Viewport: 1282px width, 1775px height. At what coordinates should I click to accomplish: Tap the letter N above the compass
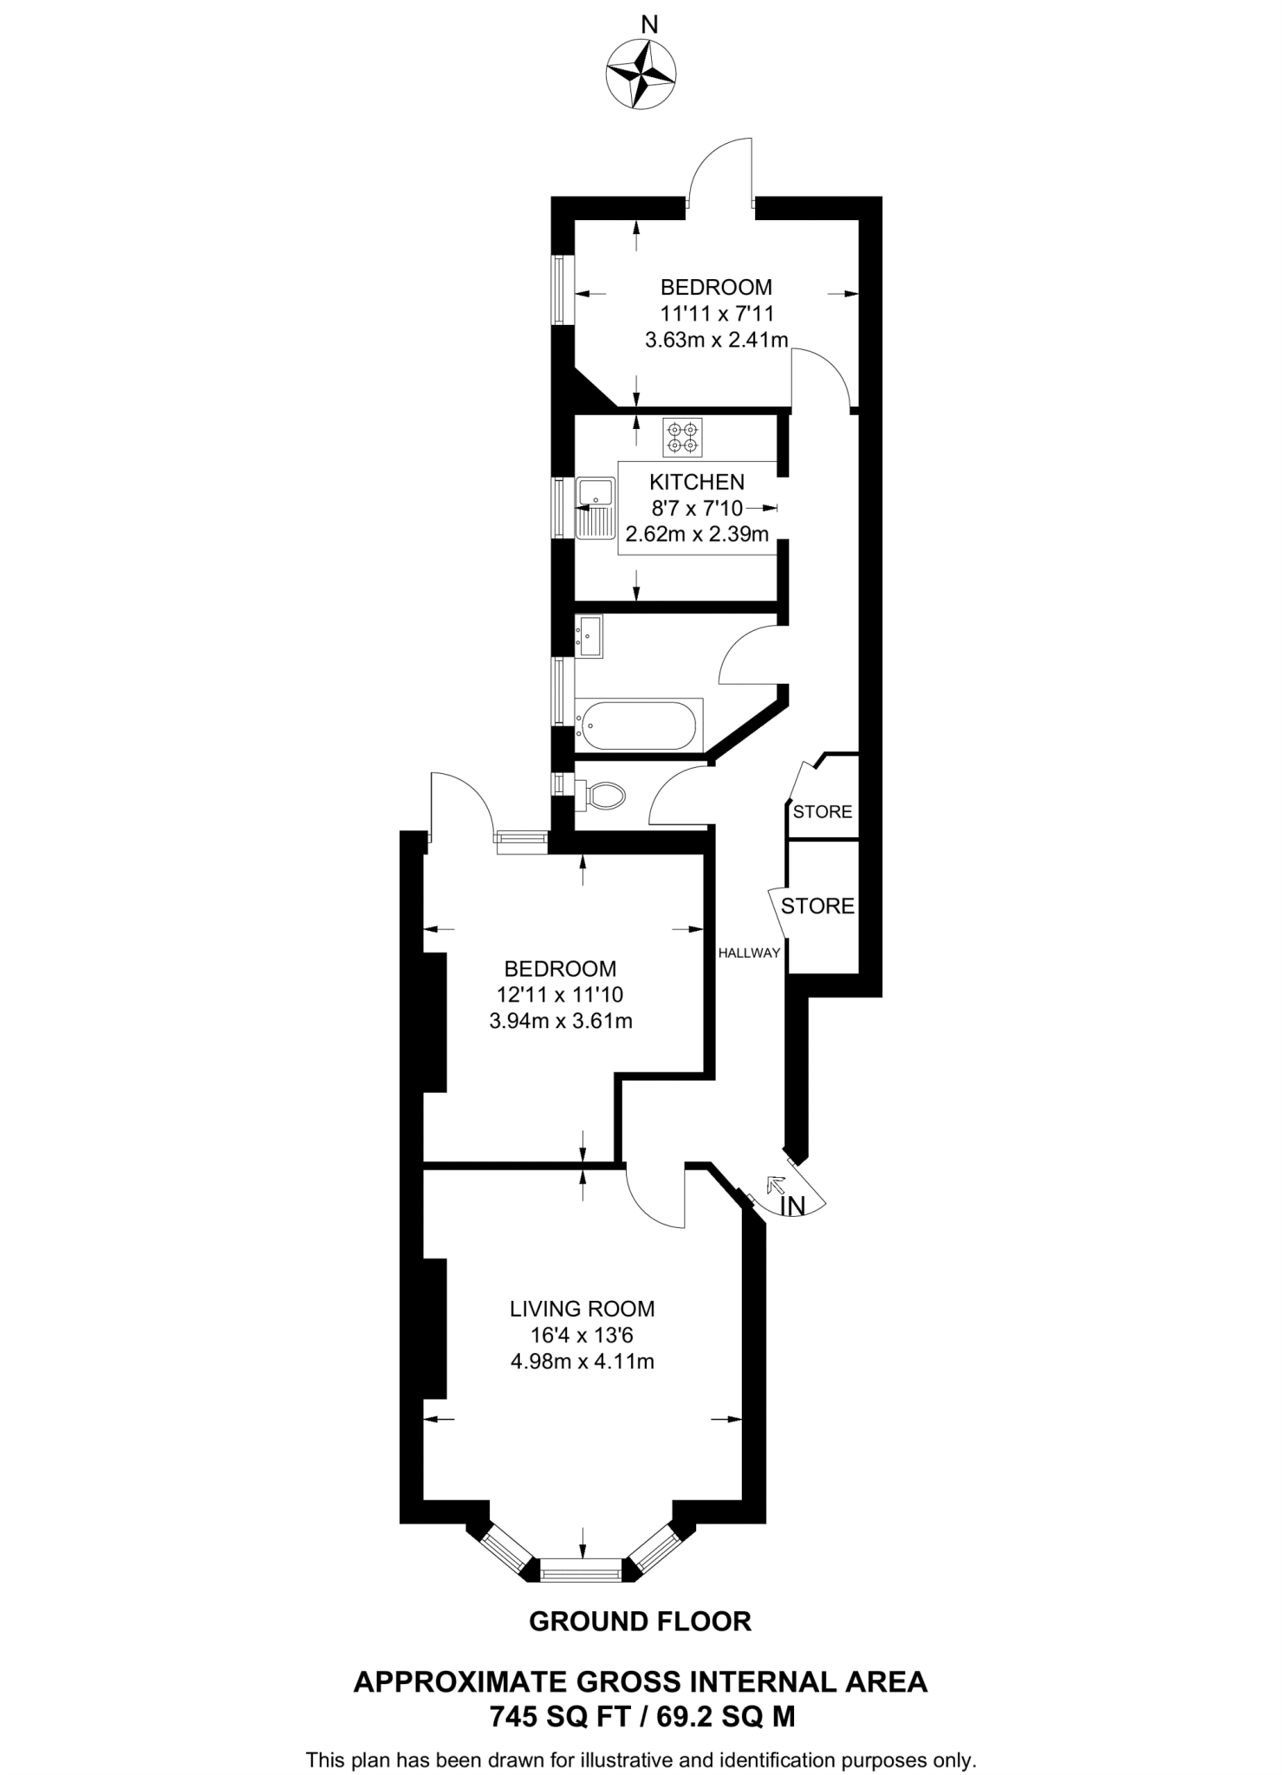pyautogui.click(x=648, y=25)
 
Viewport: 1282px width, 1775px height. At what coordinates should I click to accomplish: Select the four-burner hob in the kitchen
pyautogui.click(x=682, y=438)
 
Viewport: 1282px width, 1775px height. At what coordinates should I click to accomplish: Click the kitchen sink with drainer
pyautogui.click(x=595, y=507)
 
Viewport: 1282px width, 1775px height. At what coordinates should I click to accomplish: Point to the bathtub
pyautogui.click(x=639, y=725)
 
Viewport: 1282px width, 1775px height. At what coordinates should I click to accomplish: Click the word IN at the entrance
pyautogui.click(x=792, y=1206)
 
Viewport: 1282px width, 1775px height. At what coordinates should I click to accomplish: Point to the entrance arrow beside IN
pyautogui.click(x=776, y=1186)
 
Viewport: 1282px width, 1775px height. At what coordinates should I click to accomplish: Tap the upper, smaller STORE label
pyautogui.click(x=823, y=812)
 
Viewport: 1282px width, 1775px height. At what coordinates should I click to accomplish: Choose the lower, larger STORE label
pyautogui.click(x=817, y=907)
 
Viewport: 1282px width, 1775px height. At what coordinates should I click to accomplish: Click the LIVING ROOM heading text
pyautogui.click(x=582, y=1309)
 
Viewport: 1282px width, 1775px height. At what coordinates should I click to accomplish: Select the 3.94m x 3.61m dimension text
pyautogui.click(x=561, y=1021)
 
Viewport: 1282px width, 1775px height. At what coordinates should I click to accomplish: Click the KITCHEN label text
pyautogui.click(x=697, y=482)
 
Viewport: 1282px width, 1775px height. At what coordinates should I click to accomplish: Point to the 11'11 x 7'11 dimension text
pyautogui.click(x=716, y=313)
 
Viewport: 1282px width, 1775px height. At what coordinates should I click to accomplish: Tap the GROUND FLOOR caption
pyautogui.click(x=640, y=1622)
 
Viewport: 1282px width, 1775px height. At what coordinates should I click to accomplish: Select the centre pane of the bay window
pyautogui.click(x=582, y=1570)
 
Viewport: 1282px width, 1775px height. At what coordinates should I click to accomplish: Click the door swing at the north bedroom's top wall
pyautogui.click(x=719, y=173)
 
